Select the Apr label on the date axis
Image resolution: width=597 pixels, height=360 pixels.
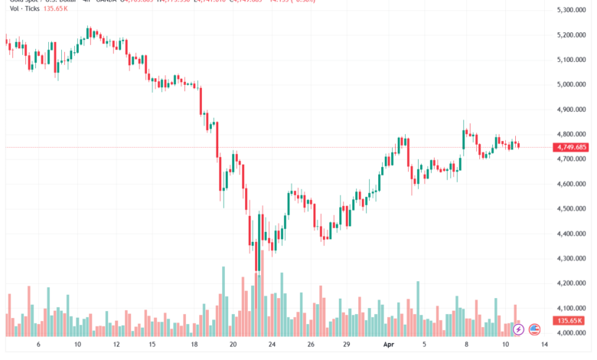(x=387, y=345)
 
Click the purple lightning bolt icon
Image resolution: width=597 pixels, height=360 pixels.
(x=518, y=329)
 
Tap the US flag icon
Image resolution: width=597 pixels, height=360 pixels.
(x=534, y=329)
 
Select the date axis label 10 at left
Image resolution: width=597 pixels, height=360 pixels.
(x=77, y=345)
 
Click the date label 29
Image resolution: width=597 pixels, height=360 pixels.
(x=347, y=345)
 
